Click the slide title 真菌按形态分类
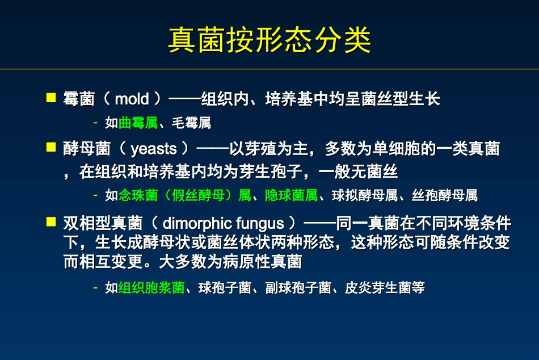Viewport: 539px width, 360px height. click(x=269, y=40)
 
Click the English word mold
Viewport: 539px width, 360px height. click(x=132, y=99)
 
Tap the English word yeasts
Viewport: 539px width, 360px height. click(x=154, y=149)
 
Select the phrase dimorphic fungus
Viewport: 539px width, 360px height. click(x=223, y=223)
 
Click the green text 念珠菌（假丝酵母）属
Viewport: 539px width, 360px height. click(x=184, y=196)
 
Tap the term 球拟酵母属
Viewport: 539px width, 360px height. click(x=358, y=196)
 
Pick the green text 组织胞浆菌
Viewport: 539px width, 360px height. click(x=151, y=288)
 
